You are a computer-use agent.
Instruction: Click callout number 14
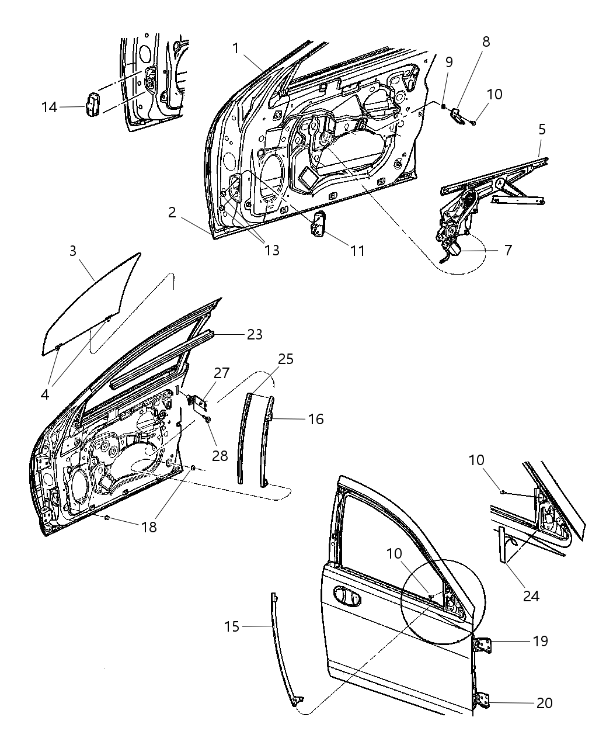(49, 107)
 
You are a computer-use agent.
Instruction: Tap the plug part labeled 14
(93, 105)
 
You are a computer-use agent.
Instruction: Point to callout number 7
(507, 250)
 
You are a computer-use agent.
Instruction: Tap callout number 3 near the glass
(72, 251)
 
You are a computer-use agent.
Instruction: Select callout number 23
(255, 334)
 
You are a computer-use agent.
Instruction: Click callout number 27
(222, 373)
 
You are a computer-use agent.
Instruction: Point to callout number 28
(220, 455)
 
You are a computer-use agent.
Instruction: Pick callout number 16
(315, 419)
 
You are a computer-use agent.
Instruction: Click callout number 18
(149, 526)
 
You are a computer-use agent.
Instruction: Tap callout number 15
(232, 626)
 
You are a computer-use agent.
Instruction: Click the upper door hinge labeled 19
(483, 644)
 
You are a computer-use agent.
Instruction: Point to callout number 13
(271, 250)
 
